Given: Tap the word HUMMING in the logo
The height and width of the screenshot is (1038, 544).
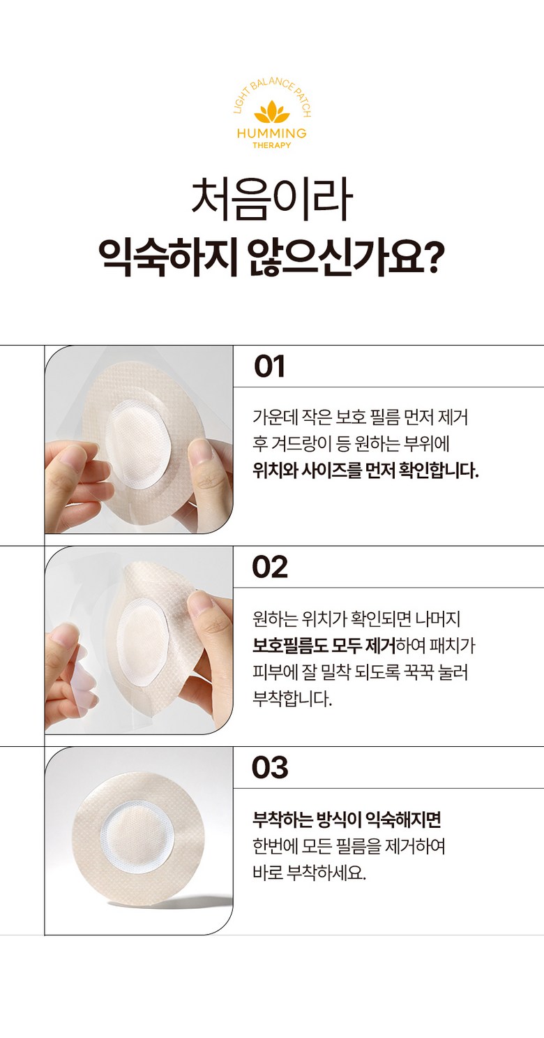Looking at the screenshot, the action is pyautogui.click(x=272, y=133).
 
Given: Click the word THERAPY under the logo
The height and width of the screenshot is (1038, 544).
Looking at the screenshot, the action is pyautogui.click(x=272, y=145).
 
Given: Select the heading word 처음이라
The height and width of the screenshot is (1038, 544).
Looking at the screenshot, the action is pyautogui.click(x=272, y=200).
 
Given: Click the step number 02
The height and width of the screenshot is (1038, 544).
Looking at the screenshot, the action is pyautogui.click(x=270, y=567).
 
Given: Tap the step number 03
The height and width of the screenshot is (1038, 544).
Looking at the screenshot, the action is pyautogui.click(x=270, y=767).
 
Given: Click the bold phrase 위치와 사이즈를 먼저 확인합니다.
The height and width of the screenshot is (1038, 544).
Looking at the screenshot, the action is pyautogui.click(x=365, y=470).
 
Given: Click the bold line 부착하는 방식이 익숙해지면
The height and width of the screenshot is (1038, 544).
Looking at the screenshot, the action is pyautogui.click(x=347, y=820).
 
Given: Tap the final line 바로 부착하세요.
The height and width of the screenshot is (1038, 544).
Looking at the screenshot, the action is pyautogui.click(x=309, y=873).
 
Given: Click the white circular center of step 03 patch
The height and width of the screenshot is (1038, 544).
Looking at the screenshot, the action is pyautogui.click(x=137, y=842).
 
